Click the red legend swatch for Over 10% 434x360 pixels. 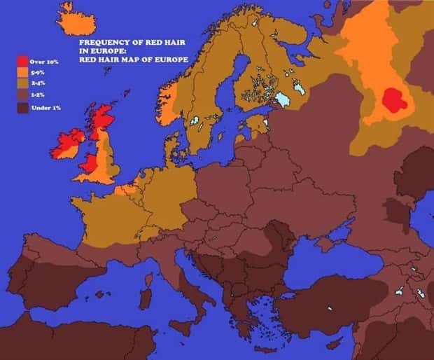point(22,62)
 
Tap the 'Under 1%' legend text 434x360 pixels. point(43,109)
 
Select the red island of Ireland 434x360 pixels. point(67,144)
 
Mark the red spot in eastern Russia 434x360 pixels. point(394,101)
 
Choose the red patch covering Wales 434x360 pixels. point(89,163)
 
